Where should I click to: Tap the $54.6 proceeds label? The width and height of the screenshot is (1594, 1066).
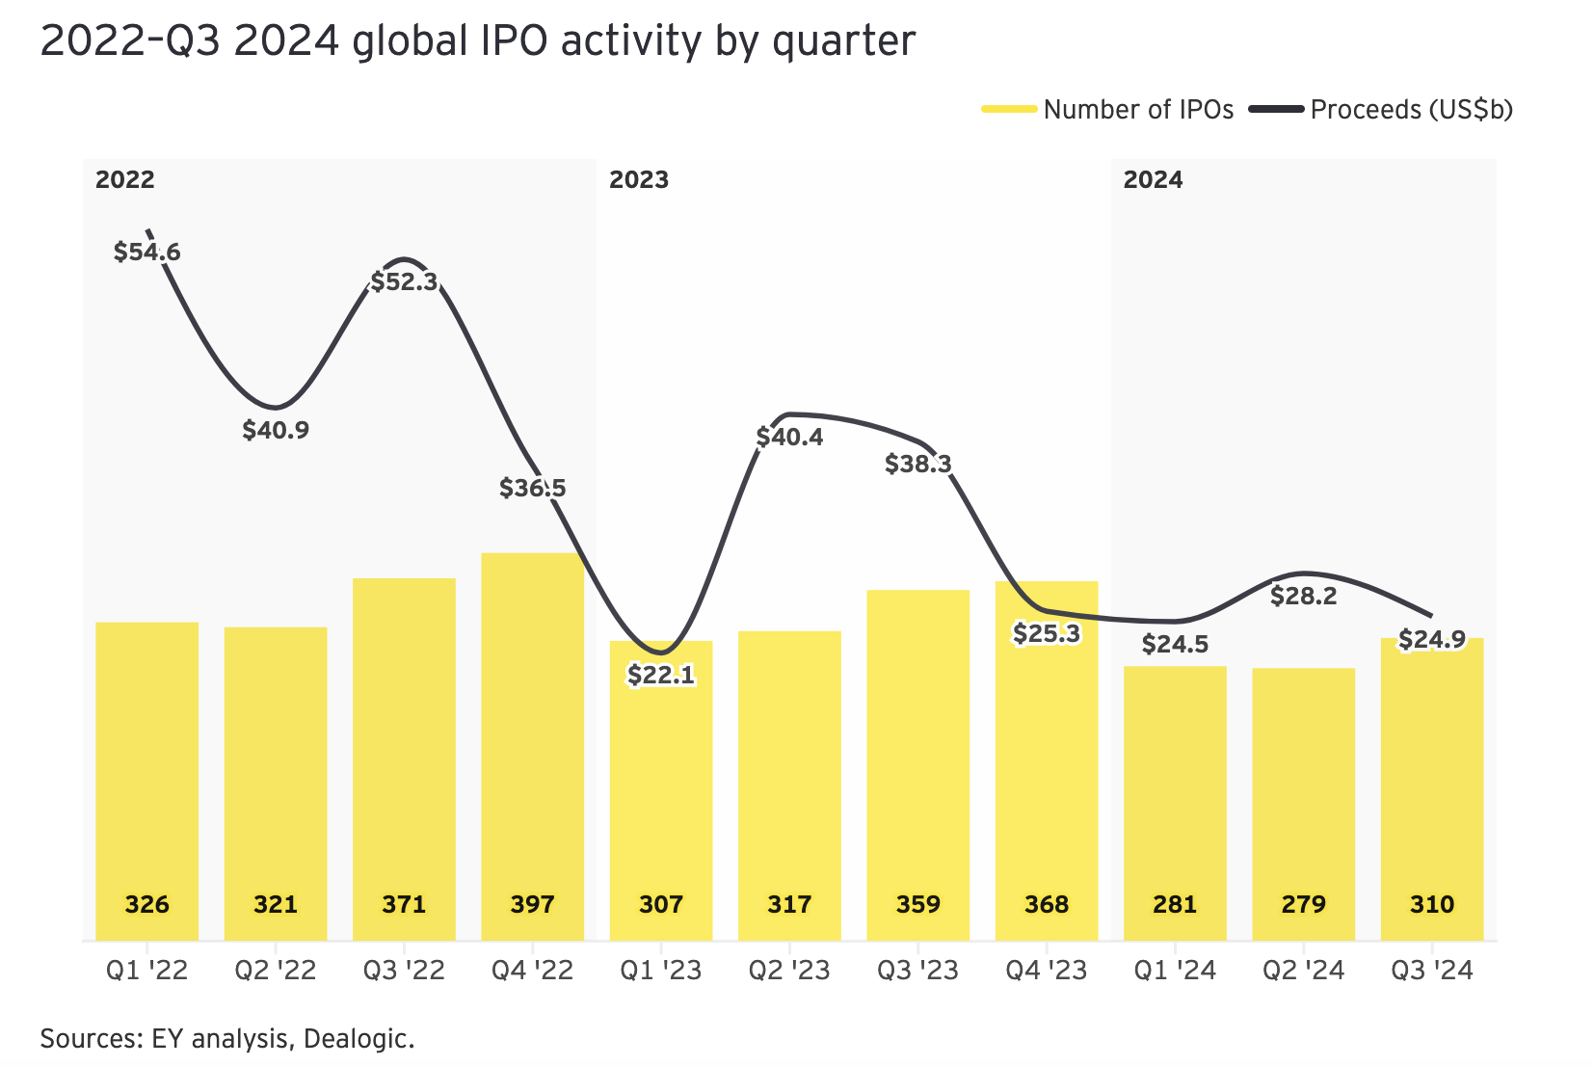tap(146, 253)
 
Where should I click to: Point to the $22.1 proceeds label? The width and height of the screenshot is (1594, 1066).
tap(661, 675)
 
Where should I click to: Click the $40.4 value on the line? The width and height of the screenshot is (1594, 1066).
tap(789, 438)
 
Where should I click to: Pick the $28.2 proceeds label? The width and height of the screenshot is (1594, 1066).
tap(1303, 597)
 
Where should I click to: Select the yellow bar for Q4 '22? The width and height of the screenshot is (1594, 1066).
tap(532, 733)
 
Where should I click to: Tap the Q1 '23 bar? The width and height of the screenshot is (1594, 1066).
tap(661, 790)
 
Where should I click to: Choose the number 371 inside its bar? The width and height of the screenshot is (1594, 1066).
tap(404, 905)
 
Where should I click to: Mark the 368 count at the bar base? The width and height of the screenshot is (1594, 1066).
tap(1047, 905)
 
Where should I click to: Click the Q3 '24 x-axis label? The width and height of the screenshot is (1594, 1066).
tap(1432, 971)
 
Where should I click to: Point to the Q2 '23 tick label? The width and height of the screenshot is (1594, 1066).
tap(789, 971)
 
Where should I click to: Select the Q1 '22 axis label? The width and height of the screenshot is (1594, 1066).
tap(146, 971)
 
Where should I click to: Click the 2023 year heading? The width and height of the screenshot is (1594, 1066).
tap(639, 180)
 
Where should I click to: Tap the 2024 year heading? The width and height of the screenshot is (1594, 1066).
tap(1153, 180)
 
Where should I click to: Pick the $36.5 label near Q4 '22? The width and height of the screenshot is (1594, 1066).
tap(532, 489)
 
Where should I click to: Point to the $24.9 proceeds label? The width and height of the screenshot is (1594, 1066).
tap(1432, 639)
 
